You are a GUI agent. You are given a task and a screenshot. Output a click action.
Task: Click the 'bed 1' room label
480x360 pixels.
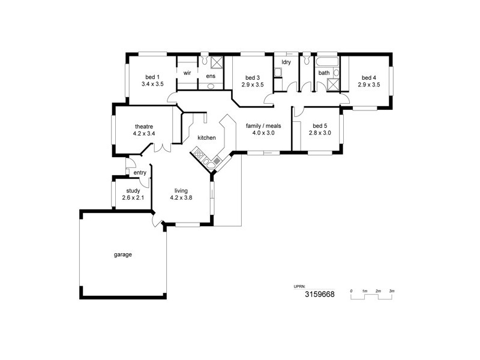[152, 77]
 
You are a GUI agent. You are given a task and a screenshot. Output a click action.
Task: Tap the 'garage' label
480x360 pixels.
[122, 254]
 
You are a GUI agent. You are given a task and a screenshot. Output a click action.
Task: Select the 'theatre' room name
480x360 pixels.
[144, 126]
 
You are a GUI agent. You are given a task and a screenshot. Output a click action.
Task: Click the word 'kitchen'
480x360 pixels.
[206, 138]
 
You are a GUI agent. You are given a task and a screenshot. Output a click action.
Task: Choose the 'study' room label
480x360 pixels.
[133, 191]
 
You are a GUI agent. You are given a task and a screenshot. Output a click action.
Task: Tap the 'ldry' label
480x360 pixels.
[286, 62]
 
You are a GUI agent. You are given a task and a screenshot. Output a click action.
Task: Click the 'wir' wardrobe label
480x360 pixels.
[187, 73]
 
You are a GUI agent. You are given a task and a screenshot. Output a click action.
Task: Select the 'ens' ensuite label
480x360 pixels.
[211, 76]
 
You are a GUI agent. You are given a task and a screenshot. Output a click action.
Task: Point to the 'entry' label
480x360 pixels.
[140, 173]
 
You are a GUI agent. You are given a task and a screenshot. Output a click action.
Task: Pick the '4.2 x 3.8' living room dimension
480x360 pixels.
[181, 198]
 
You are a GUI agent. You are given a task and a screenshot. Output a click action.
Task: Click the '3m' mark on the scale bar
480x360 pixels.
[392, 290]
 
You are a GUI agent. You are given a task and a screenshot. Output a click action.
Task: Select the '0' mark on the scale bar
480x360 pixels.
[352, 290]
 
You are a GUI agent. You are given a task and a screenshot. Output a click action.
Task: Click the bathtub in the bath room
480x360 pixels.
[328, 62]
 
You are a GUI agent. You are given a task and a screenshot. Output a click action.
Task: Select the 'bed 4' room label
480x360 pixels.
[369, 77]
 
